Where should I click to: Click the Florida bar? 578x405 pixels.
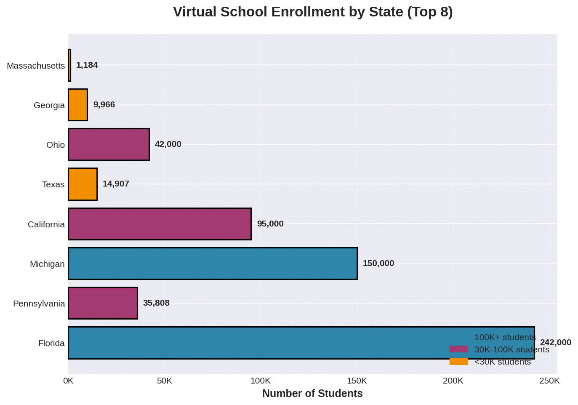pyautogui.click(x=253, y=343)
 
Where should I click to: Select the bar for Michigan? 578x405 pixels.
pyautogui.click(x=213, y=264)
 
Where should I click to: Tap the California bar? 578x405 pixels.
pyautogui.click(x=160, y=224)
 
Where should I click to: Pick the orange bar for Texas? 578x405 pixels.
pyautogui.click(x=83, y=184)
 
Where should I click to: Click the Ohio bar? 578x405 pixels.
pyautogui.click(x=109, y=144)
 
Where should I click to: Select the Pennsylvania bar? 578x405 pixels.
pyautogui.click(x=103, y=303)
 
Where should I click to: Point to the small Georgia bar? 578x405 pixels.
pyautogui.click(x=78, y=105)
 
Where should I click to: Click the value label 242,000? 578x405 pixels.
pyautogui.click(x=555, y=343)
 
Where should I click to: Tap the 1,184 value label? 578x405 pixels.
pyautogui.click(x=87, y=65)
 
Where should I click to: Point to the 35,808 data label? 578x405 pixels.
pyautogui.click(x=156, y=303)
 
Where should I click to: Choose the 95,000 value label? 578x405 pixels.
pyautogui.click(x=270, y=224)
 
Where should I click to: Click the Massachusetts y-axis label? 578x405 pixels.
pyautogui.click(x=36, y=66)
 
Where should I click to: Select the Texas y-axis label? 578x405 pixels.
pyautogui.click(x=53, y=184)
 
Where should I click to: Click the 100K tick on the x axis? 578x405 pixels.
pyautogui.click(x=261, y=381)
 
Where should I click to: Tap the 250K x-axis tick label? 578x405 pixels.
pyautogui.click(x=549, y=381)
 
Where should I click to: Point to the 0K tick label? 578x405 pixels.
pyautogui.click(x=68, y=381)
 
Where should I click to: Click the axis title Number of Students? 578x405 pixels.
pyautogui.click(x=312, y=394)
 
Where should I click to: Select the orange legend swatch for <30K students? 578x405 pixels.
pyautogui.click(x=458, y=362)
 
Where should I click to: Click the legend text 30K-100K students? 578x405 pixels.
pyautogui.click(x=511, y=350)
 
